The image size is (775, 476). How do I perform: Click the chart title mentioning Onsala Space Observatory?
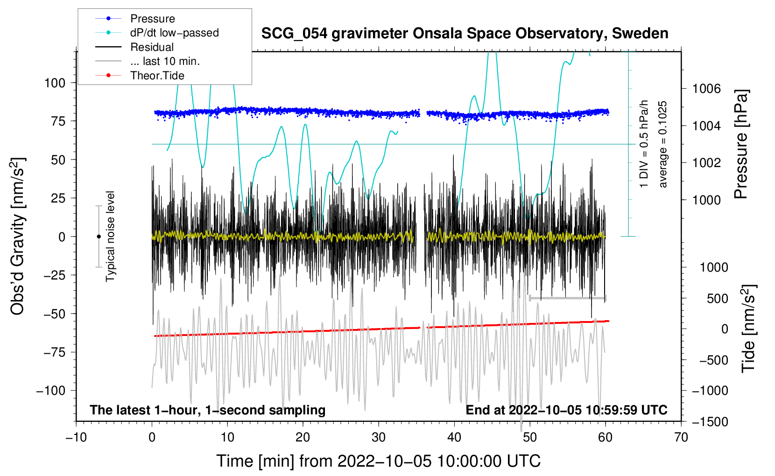[465, 34]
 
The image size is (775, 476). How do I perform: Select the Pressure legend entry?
[152, 19]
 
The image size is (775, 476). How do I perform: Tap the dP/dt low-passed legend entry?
[174, 33]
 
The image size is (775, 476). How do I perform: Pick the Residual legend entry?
[152, 47]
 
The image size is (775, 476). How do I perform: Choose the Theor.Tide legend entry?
[157, 76]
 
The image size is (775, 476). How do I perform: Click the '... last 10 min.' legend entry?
[165, 61]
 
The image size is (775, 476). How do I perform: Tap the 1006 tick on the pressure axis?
[706, 89]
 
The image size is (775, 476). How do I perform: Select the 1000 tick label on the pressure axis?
[706, 200]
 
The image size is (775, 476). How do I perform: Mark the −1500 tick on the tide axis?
[710, 421]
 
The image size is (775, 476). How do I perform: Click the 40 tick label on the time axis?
[454, 437]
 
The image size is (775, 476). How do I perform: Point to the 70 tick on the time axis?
[681, 437]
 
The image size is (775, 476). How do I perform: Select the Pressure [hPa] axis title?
[741, 144]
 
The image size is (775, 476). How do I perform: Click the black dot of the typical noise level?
[99, 237]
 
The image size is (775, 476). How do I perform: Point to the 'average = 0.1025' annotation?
[663, 145]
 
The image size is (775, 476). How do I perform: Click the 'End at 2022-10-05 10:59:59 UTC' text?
[566, 410]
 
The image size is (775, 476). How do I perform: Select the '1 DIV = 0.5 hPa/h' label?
[644, 144]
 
